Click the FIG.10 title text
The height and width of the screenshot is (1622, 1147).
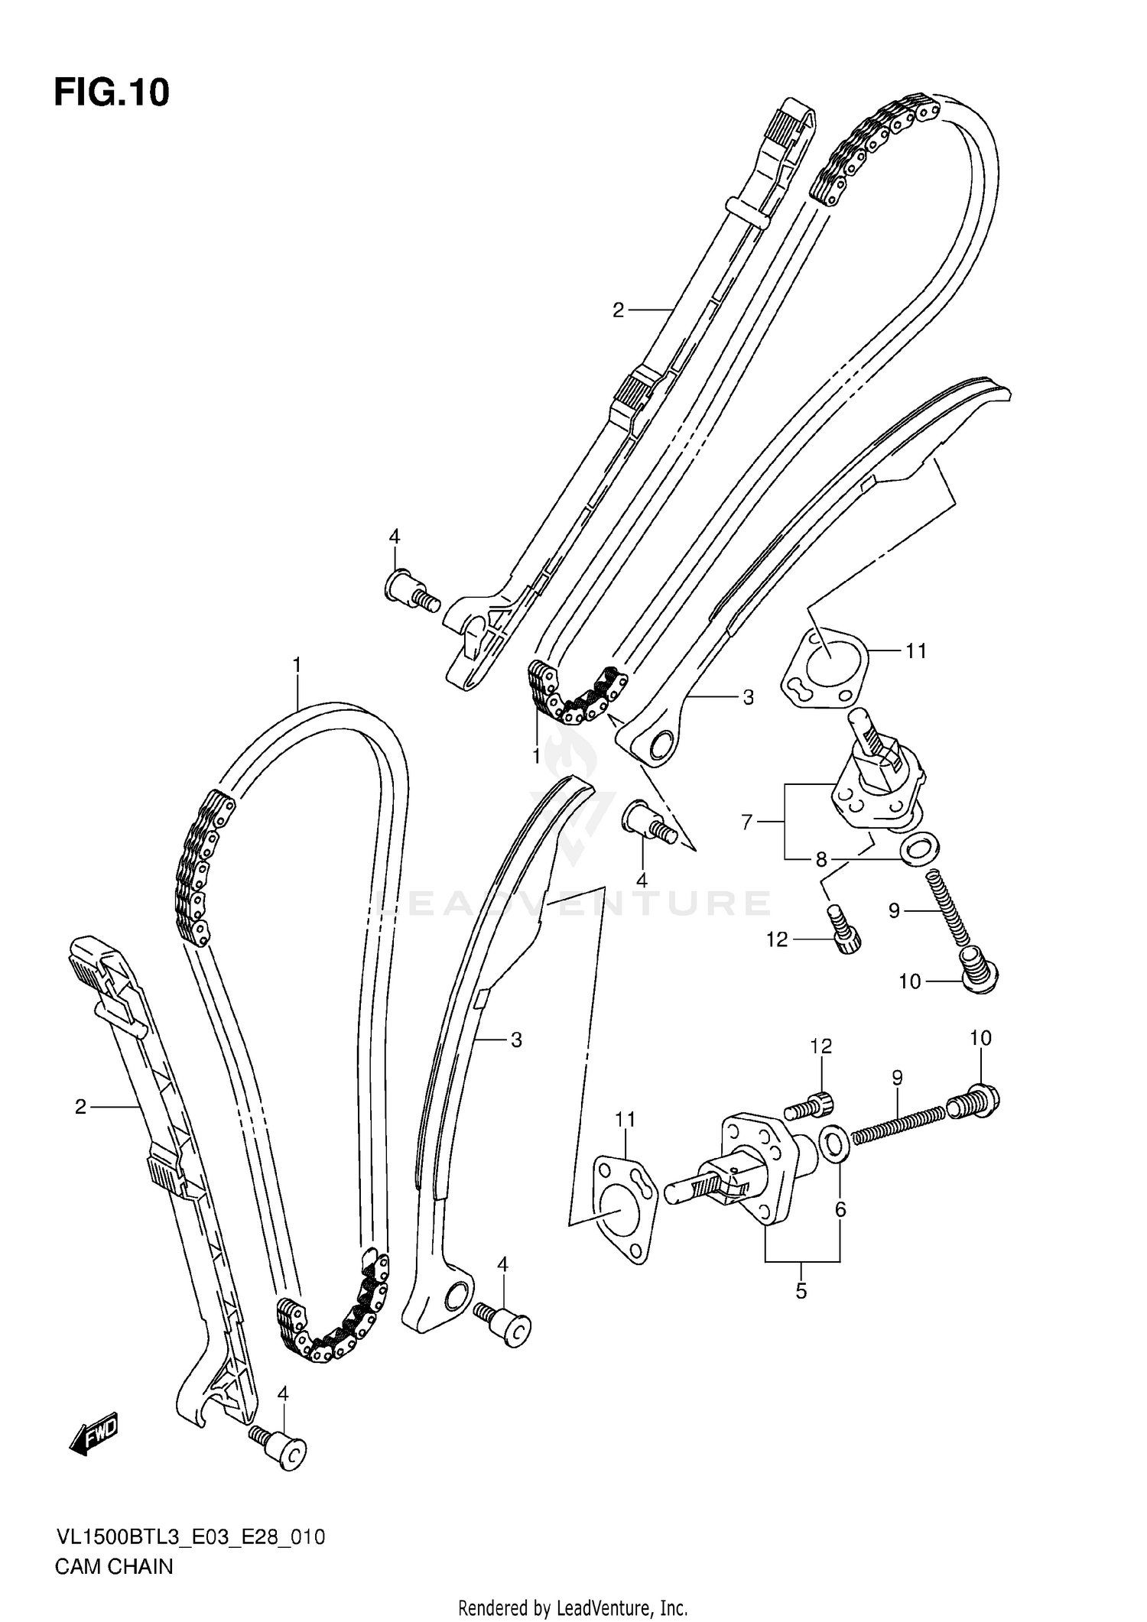(x=112, y=92)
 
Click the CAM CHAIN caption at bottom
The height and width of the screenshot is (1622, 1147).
(x=114, y=1566)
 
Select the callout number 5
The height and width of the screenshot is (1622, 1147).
(x=801, y=1292)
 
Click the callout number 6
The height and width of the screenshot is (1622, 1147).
(x=840, y=1209)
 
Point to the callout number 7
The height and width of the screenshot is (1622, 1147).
(x=747, y=822)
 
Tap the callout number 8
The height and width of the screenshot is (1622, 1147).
(x=821, y=860)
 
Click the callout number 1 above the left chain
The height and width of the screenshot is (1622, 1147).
(x=296, y=665)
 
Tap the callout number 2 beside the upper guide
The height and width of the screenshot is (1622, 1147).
(x=618, y=310)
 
